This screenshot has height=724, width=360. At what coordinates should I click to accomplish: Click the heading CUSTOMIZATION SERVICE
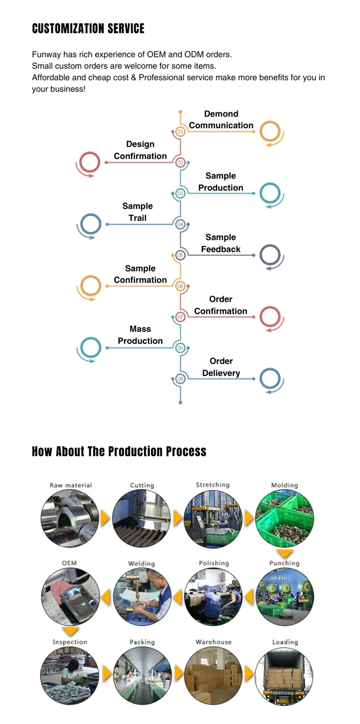(88, 29)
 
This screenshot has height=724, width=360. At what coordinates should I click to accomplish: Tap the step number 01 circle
(180, 132)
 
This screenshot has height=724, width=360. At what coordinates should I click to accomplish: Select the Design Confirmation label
(140, 150)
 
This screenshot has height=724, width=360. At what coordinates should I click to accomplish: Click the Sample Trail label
(137, 212)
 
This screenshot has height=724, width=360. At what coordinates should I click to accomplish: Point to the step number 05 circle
(180, 255)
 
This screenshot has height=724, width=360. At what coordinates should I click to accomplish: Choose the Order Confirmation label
(221, 305)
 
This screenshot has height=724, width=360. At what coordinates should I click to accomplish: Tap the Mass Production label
(140, 335)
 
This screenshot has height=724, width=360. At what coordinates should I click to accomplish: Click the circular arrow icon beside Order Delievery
(270, 378)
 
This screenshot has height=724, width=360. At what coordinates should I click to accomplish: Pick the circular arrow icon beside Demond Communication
(270, 132)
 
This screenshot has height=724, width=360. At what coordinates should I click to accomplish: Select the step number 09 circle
(180, 379)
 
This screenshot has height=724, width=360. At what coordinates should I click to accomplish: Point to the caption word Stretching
(213, 485)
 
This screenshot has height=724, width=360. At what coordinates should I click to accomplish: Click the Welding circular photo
(142, 597)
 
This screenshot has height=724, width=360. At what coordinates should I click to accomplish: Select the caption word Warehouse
(213, 642)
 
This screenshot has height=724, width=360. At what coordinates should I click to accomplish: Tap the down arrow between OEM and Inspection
(71, 632)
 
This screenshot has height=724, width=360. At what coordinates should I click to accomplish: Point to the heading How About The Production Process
(119, 451)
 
